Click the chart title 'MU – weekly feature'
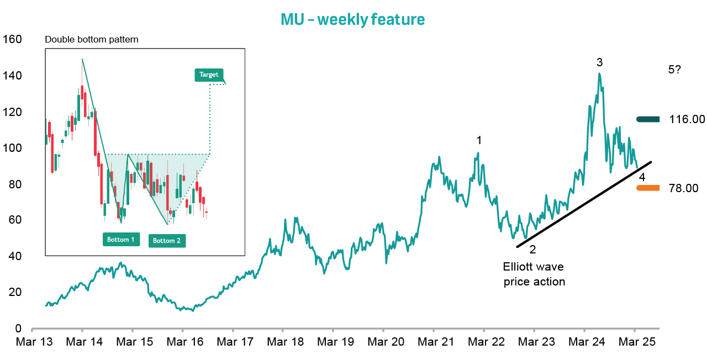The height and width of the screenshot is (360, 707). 353,20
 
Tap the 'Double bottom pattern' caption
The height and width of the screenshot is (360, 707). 91,40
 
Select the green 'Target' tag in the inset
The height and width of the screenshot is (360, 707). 209,75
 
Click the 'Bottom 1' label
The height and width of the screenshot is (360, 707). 121,240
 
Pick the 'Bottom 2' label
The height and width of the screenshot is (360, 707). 167,241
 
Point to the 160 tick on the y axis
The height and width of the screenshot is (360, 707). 12,40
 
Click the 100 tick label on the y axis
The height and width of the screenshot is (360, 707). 12,148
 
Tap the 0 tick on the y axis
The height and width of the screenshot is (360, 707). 18,329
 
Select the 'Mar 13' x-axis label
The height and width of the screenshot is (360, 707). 32,342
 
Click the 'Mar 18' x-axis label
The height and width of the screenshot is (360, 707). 283,342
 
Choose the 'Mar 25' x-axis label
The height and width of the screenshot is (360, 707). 635,342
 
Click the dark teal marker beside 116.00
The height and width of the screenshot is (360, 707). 648,119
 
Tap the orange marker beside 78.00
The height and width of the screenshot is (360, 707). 648,188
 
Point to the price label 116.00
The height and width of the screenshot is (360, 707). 687,119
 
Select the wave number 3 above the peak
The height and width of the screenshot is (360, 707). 599,62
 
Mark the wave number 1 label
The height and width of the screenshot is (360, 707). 479,141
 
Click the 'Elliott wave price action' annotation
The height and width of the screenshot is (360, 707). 534,274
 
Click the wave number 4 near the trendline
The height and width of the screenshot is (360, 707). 642,178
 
